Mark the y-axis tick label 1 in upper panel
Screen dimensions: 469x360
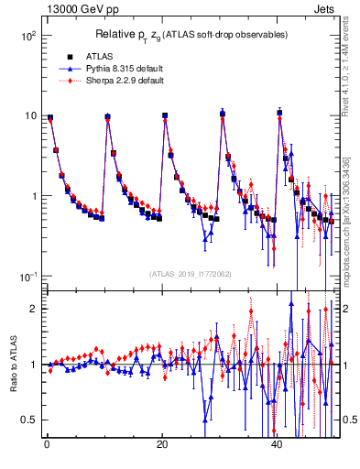pyautogui.click(x=31, y=197)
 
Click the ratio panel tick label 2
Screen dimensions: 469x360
pyautogui.click(x=31, y=309)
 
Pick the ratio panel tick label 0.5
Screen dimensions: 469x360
pyautogui.click(x=27, y=420)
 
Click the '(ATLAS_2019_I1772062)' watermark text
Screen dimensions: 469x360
pyautogui.click(x=191, y=274)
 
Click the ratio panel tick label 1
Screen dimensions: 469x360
pyautogui.click(x=31, y=365)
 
